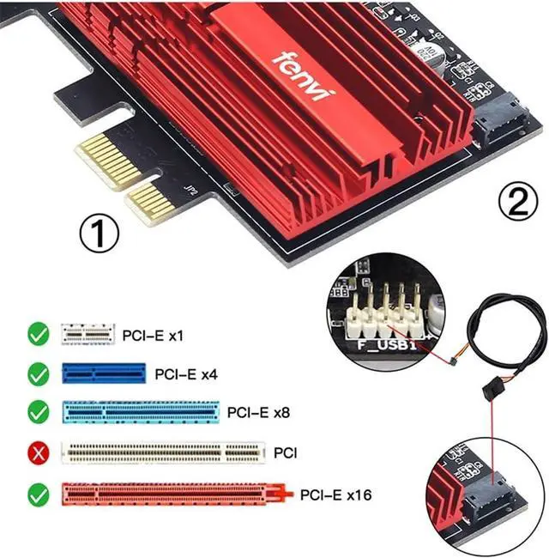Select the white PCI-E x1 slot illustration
[x=87, y=335]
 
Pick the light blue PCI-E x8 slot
[x=140, y=412]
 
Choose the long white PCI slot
[x=162, y=451]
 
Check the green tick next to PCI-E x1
[x=38, y=335]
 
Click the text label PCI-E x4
[x=186, y=374]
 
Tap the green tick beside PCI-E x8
[x=38, y=412]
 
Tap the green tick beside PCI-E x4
[x=38, y=374]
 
